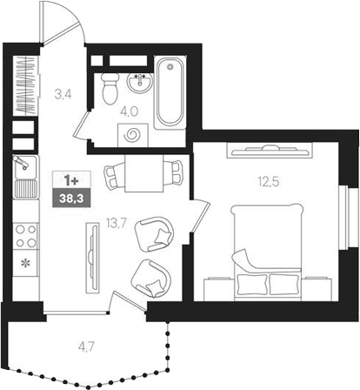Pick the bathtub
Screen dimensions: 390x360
[168, 90]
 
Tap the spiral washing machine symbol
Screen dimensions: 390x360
[135, 135]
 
